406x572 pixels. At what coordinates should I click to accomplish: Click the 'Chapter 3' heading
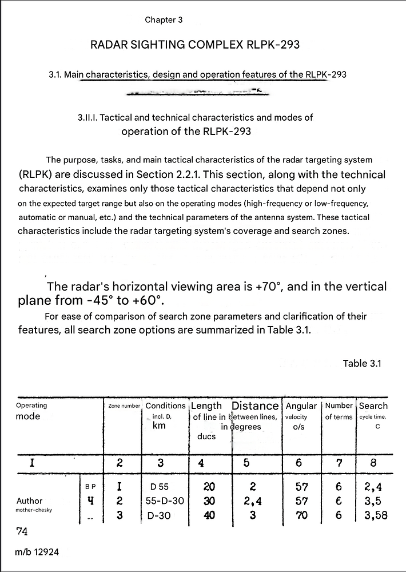(164, 20)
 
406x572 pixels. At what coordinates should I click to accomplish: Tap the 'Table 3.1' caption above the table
(361, 363)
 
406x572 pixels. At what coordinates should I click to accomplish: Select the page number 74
(22, 531)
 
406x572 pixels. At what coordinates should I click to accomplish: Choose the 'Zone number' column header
(124, 406)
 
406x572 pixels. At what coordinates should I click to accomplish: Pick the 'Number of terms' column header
(339, 411)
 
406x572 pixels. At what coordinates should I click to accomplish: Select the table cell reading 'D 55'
(159, 487)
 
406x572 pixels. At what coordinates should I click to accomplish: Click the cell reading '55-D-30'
(165, 501)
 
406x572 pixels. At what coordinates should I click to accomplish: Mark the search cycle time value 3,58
(375, 515)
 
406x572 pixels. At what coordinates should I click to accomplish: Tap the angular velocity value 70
(301, 515)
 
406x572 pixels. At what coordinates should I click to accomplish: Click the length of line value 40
(209, 515)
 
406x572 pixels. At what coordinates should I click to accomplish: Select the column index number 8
(373, 463)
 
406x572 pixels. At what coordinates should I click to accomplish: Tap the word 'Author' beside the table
(30, 501)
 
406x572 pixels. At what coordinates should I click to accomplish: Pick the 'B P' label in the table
(90, 487)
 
